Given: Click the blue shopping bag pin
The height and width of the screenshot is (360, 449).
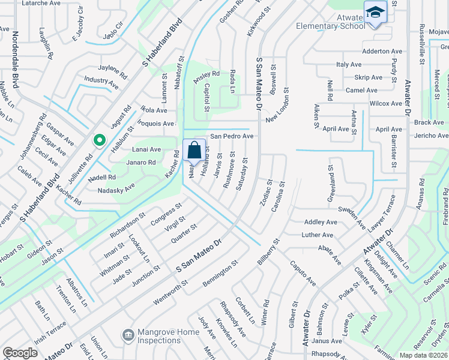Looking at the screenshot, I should (x=194, y=150).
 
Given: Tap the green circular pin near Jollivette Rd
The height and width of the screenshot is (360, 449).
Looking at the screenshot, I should (x=99, y=140).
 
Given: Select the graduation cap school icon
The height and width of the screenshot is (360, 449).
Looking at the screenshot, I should (x=375, y=11).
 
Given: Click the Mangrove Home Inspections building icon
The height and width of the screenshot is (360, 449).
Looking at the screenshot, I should (x=127, y=334).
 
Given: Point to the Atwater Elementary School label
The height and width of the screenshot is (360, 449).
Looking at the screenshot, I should (x=330, y=22).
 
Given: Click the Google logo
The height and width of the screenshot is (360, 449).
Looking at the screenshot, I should (x=20, y=353).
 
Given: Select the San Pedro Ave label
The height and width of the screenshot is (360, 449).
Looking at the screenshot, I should (x=231, y=136).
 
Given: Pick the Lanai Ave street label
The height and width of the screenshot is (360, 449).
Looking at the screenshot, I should (x=146, y=149).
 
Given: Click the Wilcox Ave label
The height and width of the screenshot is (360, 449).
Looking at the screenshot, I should (x=385, y=103).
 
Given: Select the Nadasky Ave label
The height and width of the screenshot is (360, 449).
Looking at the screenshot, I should (x=116, y=190).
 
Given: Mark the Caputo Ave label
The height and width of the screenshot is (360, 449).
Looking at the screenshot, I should (x=303, y=272).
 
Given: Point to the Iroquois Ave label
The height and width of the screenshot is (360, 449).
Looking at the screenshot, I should (x=156, y=123).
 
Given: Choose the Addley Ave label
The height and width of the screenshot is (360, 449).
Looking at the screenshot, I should (x=321, y=222).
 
